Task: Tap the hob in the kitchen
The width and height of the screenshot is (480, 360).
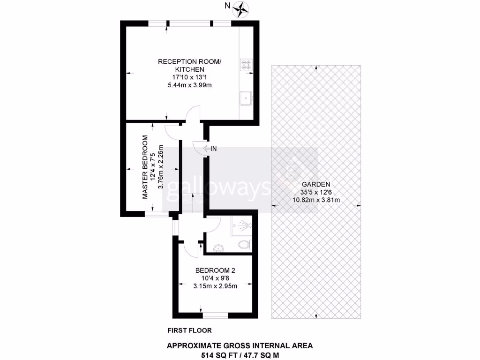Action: pos(247,65)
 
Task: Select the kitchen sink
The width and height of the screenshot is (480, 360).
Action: pos(246,98)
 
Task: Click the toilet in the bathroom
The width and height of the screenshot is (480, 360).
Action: pos(244,244)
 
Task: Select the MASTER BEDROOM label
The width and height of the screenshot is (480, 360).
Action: pos(145,167)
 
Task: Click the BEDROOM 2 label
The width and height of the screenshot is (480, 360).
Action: pos(215,270)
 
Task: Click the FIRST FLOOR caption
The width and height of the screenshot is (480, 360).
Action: pos(189,330)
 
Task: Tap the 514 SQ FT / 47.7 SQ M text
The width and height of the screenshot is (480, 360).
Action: pos(240,355)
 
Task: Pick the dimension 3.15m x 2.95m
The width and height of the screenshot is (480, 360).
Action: pos(215,286)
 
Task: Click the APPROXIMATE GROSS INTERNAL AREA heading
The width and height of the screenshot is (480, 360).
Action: pos(240,346)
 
